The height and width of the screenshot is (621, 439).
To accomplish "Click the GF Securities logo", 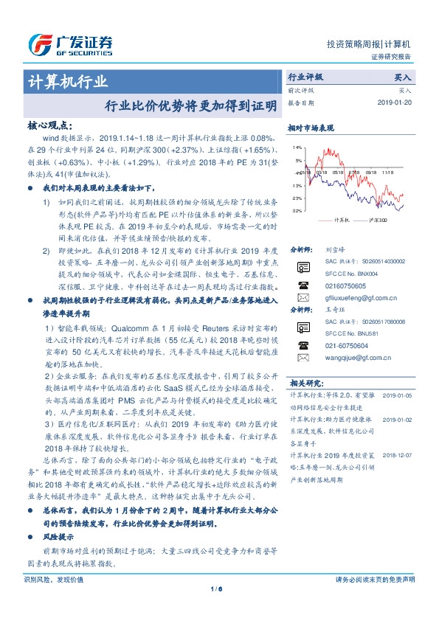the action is pos(69,44).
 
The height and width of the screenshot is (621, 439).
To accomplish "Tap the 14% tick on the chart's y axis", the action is pos(297,148).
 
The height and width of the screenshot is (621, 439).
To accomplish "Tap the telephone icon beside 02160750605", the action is pos(302,284).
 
